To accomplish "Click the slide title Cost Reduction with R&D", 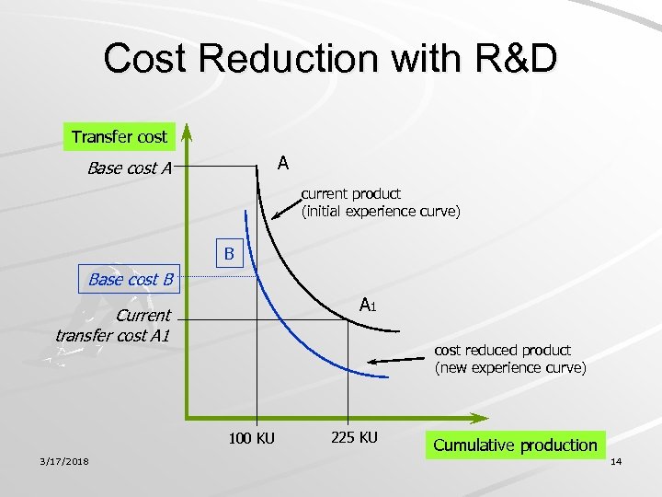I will pyautogui.click(x=330, y=58).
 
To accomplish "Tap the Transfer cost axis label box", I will pyautogui.click(x=120, y=137).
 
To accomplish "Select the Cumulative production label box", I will pyautogui.click(x=515, y=445).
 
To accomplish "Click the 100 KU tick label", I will pyautogui.click(x=252, y=438).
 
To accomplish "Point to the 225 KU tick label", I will pyautogui.click(x=353, y=436).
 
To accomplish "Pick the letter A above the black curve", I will pyautogui.click(x=283, y=163).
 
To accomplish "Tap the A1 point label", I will pyautogui.click(x=367, y=305).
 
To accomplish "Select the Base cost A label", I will pyautogui.click(x=130, y=168).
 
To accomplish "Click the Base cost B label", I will pyautogui.click(x=131, y=279).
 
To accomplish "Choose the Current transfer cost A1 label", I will pyautogui.click(x=113, y=325).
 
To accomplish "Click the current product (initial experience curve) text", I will pyautogui.click(x=381, y=202).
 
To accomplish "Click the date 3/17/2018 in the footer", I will pyautogui.click(x=63, y=460).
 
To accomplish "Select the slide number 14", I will pyautogui.click(x=616, y=460).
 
